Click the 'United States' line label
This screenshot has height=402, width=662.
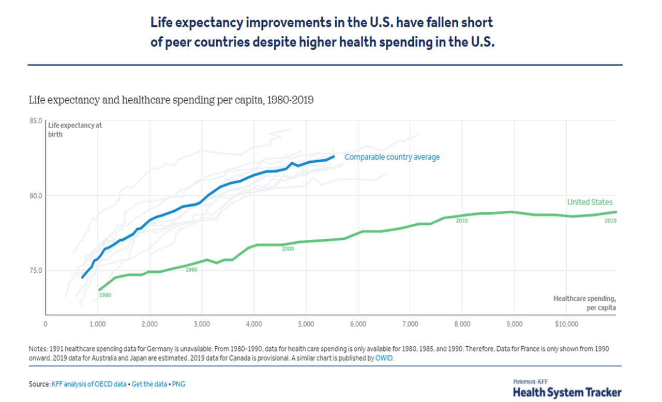[590, 203]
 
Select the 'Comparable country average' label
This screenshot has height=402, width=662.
[392, 157]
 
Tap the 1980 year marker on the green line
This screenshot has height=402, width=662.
[105, 295]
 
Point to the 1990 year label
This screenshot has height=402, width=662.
[191, 270]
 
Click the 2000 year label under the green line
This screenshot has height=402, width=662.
[288, 249]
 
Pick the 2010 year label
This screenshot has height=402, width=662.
[462, 221]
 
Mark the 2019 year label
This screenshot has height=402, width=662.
[610, 221]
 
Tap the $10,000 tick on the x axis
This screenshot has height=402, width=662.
[566, 324]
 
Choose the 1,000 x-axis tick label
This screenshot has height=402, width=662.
[98, 324]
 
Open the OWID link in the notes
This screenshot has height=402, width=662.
[384, 358]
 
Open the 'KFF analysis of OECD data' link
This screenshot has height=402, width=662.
[88, 384]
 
